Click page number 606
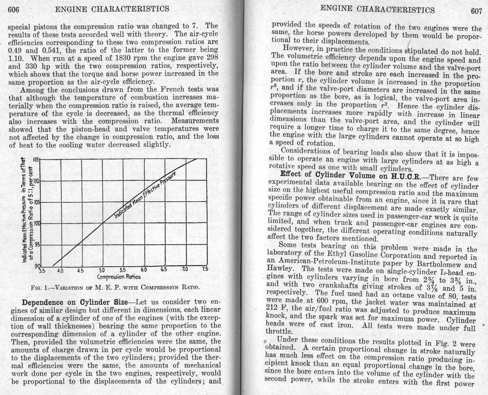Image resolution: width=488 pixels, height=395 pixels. (x=13, y=10)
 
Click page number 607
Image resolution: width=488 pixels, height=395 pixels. (x=476, y=11)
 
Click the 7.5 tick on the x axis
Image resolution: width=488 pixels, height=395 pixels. (x=205, y=269)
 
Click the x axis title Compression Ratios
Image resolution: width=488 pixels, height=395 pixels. (x=119, y=277)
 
